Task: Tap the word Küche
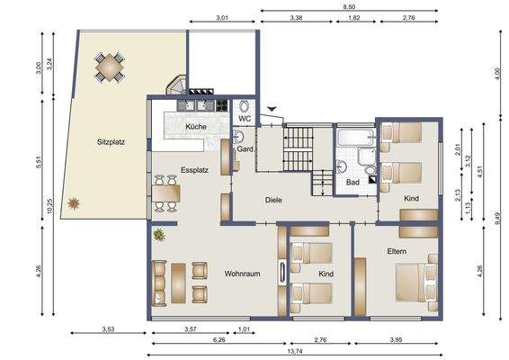coord(196,128)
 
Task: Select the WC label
coord(244,118)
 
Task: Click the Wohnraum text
coord(242,273)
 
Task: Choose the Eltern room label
coord(398,250)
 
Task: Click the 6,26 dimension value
coord(219,339)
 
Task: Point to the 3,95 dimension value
coord(397,339)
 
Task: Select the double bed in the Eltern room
coord(415,279)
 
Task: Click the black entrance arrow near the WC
coord(273,108)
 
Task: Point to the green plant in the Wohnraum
coord(159,235)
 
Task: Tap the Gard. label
coord(244,149)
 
